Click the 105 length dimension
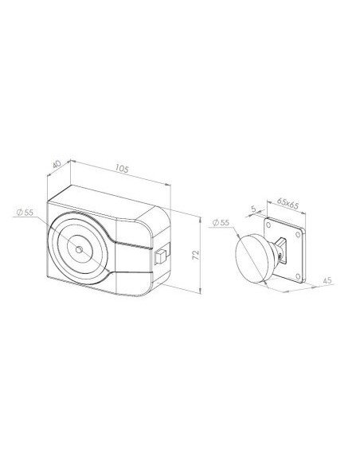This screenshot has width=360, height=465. tap(122, 169)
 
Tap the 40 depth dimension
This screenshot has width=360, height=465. tap(57, 164)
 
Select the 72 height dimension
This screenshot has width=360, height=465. tap(196, 255)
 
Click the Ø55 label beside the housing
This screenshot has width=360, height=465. tap(25, 212)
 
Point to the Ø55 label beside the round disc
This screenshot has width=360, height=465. tap(221, 222)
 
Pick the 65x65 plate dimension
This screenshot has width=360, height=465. tap(288, 203)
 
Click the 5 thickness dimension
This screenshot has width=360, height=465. tap(253, 209)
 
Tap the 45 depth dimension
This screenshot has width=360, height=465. tap(327, 280)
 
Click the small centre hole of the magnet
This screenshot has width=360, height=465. tap(79, 249)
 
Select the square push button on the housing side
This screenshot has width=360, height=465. tap(160, 257)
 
